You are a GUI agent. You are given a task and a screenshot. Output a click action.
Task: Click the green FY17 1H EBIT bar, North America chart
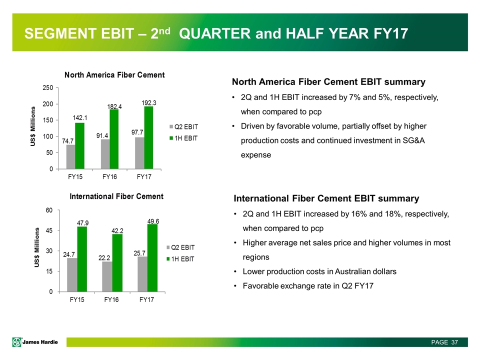[x=148, y=137]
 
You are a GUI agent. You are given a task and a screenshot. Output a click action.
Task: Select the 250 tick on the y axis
[x=48, y=88]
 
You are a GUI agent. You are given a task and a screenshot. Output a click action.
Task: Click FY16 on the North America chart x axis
[x=110, y=177]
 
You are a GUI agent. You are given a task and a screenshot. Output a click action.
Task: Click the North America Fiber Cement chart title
[x=115, y=75]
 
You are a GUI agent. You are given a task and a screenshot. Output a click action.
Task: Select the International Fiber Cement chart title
[x=116, y=196]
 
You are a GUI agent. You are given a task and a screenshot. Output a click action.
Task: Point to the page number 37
[x=454, y=342]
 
